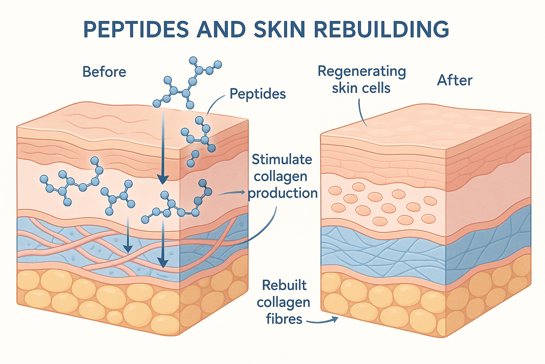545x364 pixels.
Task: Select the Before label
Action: [104, 72]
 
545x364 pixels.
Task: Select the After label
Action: [455, 80]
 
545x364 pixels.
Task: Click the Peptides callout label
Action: [258, 94]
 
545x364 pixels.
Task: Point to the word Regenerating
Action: [362, 71]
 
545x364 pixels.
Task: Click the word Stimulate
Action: [282, 159]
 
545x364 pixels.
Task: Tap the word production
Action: [283, 193]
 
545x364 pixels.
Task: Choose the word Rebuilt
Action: [284, 285]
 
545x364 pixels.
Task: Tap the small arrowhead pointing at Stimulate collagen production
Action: [242, 192]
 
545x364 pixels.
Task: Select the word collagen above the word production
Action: [280, 177]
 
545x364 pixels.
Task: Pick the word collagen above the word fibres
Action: [283, 302]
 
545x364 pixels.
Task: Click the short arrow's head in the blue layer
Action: [128, 249]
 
